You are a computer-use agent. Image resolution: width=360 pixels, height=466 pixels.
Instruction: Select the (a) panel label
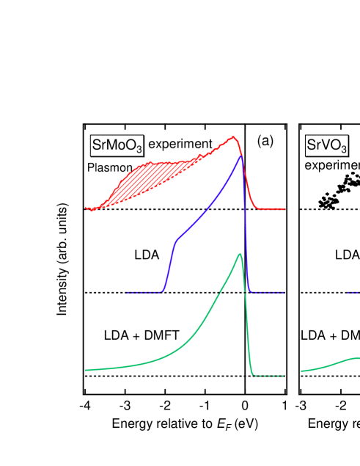point(265,140)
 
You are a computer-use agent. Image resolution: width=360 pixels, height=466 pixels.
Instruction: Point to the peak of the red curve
point(234,137)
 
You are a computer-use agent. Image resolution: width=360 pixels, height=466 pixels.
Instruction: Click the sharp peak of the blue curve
point(240,156)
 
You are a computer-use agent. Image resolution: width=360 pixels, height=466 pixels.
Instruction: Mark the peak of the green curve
point(239,254)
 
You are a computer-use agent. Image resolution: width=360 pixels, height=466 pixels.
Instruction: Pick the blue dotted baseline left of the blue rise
point(143,292)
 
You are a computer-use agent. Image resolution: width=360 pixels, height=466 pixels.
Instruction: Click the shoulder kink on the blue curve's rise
point(176,240)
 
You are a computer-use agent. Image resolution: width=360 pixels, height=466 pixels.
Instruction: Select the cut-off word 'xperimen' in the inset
point(337,165)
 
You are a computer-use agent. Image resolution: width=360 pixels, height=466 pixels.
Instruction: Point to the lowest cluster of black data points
point(326,202)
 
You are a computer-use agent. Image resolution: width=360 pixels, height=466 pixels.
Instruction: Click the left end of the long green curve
point(87,370)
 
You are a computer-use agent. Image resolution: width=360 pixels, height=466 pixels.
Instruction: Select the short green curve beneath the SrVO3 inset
point(330,364)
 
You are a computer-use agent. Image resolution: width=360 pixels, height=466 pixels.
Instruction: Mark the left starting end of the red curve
point(87,208)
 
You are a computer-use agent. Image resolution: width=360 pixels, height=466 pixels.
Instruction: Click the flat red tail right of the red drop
point(271,209)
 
